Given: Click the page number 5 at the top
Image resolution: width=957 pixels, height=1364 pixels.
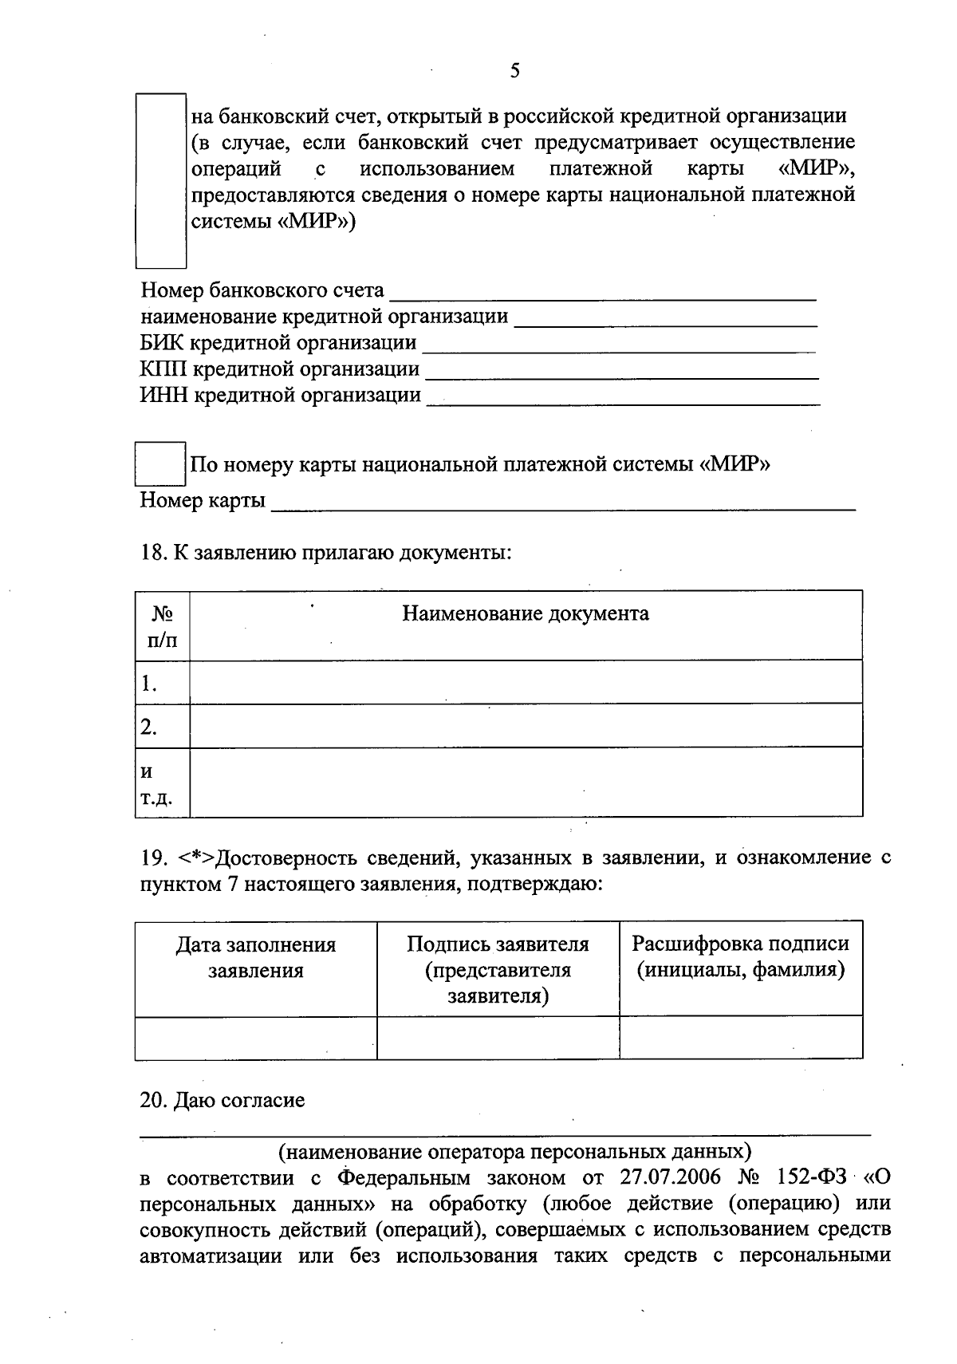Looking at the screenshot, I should [514, 71].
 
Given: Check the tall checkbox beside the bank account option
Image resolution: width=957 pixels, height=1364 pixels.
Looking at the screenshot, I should [160, 180].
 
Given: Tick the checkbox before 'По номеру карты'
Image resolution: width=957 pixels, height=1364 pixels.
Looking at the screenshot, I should [160, 463].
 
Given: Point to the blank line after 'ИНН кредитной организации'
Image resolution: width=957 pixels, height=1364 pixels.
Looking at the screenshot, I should [623, 397].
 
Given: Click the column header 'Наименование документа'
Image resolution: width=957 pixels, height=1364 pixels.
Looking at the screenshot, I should [525, 613].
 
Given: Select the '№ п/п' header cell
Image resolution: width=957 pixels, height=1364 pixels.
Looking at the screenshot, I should [163, 626].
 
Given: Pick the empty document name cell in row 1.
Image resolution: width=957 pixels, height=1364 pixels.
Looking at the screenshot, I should [525, 682].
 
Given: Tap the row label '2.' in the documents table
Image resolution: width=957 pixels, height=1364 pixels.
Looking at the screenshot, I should [149, 727].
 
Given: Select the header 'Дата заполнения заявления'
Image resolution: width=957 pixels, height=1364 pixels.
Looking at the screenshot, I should [256, 957].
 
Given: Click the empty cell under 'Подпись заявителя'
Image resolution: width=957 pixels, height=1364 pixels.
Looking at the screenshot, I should [498, 1038].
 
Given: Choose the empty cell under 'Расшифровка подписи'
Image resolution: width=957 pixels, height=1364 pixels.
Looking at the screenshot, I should [741, 1038].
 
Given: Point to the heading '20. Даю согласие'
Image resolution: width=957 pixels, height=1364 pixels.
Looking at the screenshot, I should [223, 1101].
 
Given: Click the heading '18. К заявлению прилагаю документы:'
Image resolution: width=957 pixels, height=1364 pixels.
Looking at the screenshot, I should [325, 552].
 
